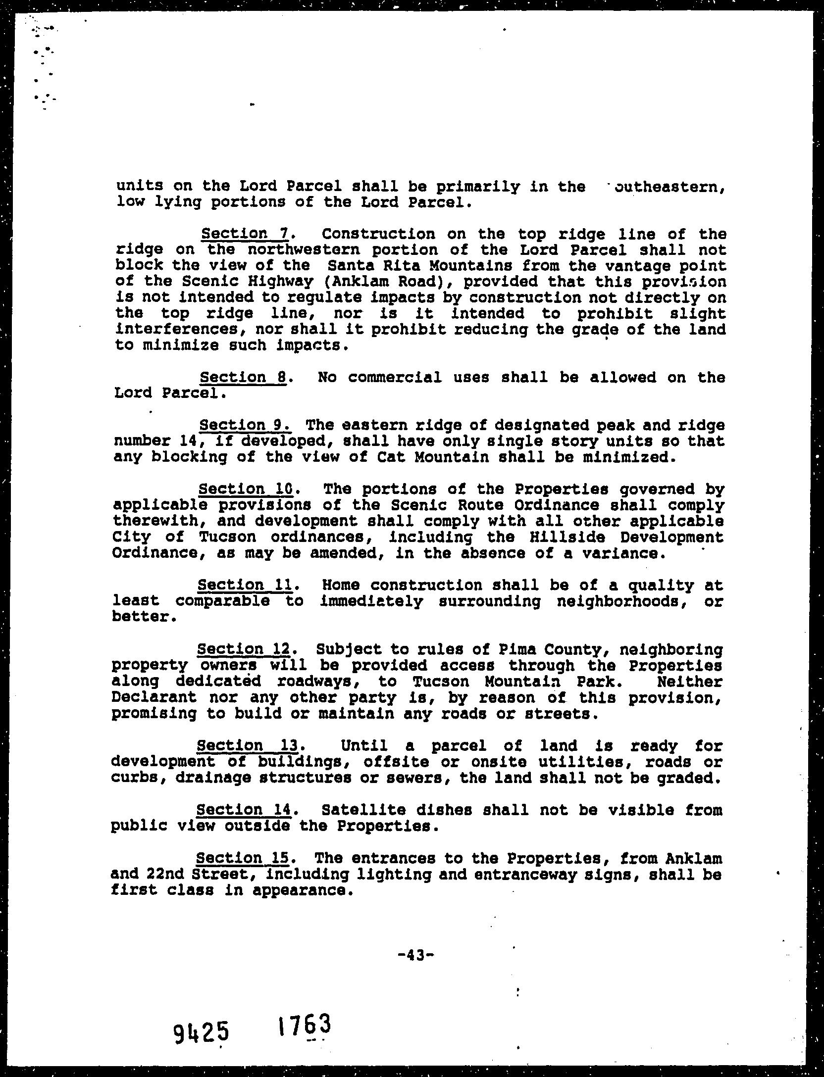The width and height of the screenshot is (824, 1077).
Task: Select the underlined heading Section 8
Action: coord(243,378)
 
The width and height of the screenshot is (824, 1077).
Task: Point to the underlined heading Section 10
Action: coord(247,490)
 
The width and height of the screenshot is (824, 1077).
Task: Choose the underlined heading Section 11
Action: coord(247,585)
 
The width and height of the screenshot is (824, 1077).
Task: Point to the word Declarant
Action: coord(154,697)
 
